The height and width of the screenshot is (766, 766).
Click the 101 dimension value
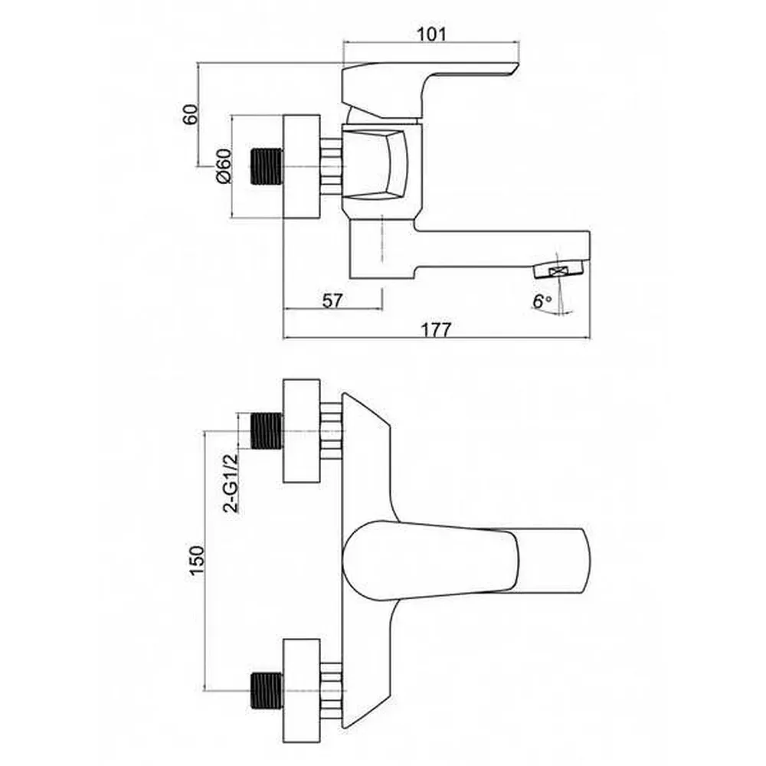pyautogui.click(x=432, y=34)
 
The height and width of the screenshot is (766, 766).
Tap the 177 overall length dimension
pyautogui.click(x=437, y=329)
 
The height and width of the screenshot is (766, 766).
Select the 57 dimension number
pyautogui.click(x=332, y=300)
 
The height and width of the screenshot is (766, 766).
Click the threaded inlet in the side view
pyautogui.click(x=267, y=166)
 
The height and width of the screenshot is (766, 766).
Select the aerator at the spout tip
pyautogui.click(x=561, y=270)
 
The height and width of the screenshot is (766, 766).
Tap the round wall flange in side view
pyautogui.click(x=301, y=166)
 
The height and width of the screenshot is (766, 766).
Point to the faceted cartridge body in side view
pyautogui.click(x=381, y=165)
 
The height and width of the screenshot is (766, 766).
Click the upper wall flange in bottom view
pyautogui.click(x=301, y=430)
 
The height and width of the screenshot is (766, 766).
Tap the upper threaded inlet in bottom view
pyautogui.click(x=267, y=430)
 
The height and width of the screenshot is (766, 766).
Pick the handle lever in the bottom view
pyautogui.click(x=467, y=558)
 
